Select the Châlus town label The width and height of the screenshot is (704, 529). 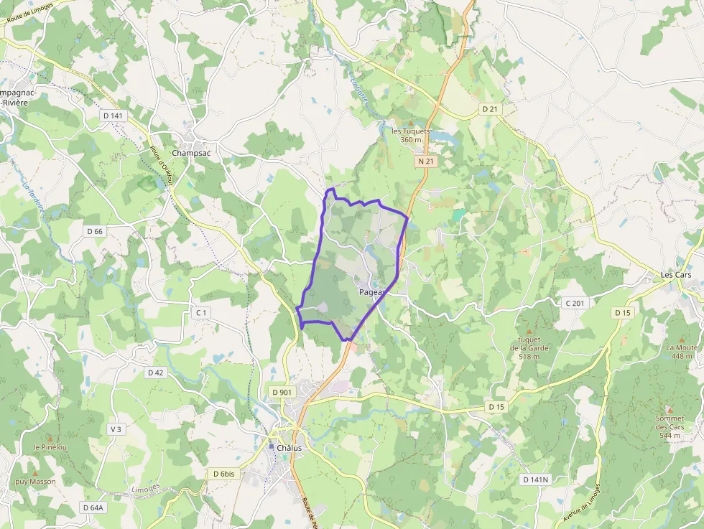pyautogui.click(x=289, y=448)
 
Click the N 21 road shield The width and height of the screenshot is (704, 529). pyautogui.click(x=426, y=161)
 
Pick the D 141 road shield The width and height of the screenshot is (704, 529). pyautogui.click(x=113, y=116)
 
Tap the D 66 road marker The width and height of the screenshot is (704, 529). pyautogui.click(x=95, y=231)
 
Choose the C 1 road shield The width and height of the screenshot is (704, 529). pyautogui.click(x=201, y=312)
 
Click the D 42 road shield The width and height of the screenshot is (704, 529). pyautogui.click(x=155, y=373)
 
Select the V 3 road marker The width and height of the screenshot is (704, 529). pyautogui.click(x=116, y=429)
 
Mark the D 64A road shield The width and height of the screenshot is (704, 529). pyautogui.click(x=93, y=507)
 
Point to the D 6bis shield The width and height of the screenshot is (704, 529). pyautogui.click(x=224, y=474)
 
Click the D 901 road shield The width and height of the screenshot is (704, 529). pyautogui.click(x=282, y=391)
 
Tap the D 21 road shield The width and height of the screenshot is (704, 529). pyautogui.click(x=490, y=108)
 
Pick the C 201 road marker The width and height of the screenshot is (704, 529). pyautogui.click(x=575, y=303)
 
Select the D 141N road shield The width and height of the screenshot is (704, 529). pyautogui.click(x=535, y=479)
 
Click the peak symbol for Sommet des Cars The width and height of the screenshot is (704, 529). pyautogui.click(x=670, y=410)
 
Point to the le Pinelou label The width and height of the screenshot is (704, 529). pyautogui.click(x=50, y=447)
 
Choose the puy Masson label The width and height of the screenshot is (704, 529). pyautogui.click(x=35, y=482)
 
